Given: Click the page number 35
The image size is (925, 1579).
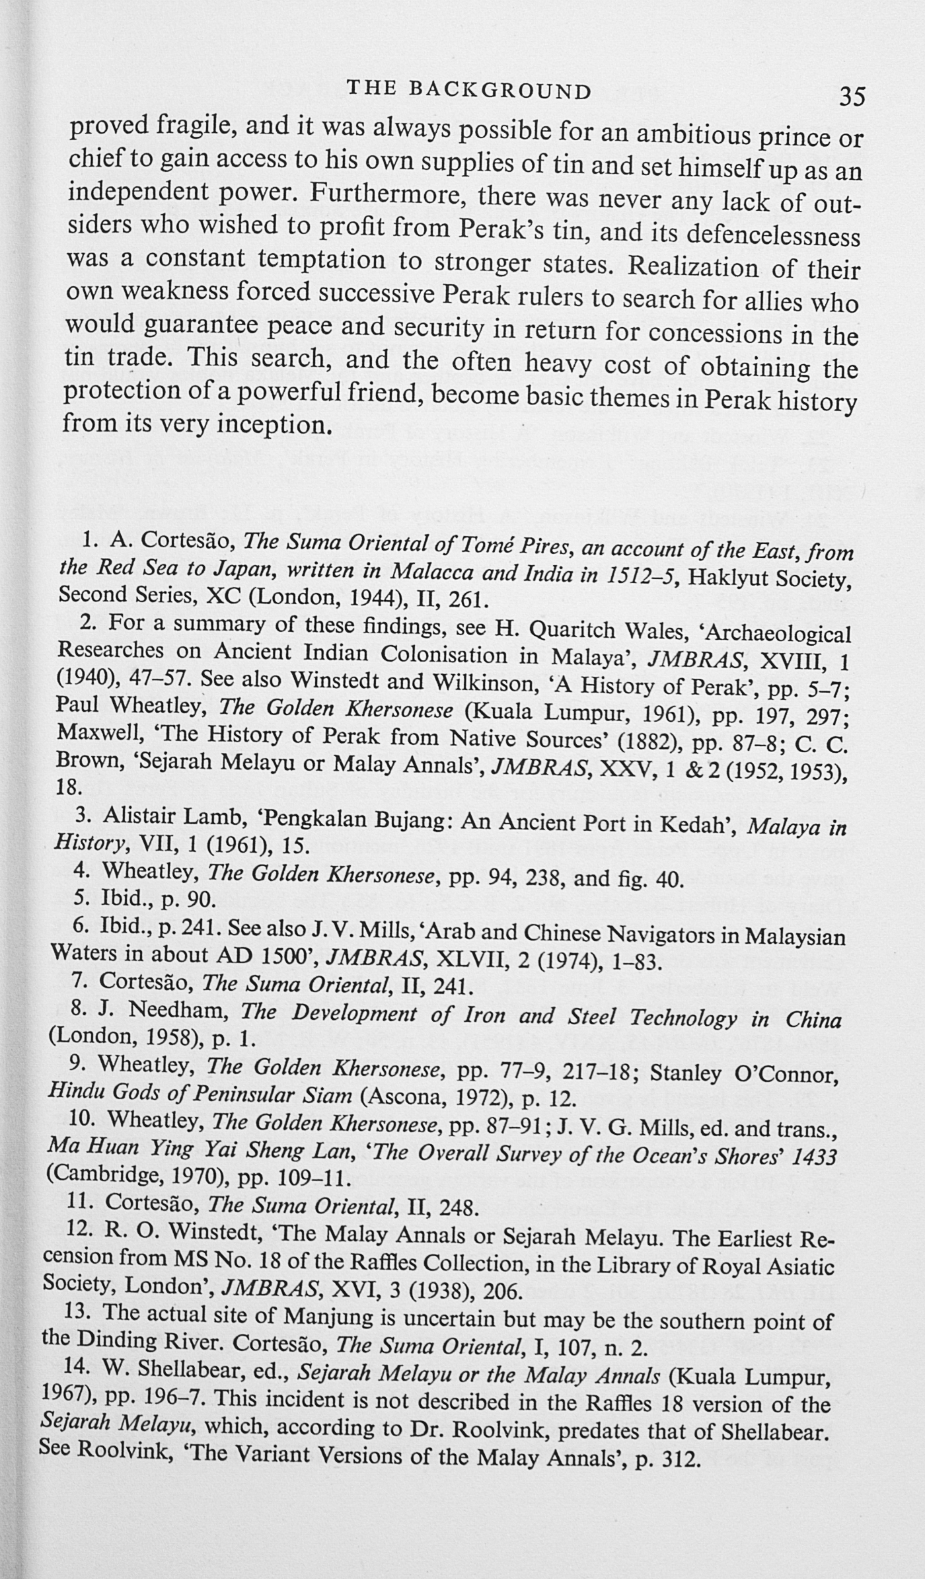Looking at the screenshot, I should tap(852, 97).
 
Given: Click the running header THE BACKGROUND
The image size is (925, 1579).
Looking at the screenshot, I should tap(468, 91).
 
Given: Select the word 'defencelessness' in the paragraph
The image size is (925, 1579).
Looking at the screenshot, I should tap(774, 235).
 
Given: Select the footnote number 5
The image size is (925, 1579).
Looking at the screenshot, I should tap(81, 898).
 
